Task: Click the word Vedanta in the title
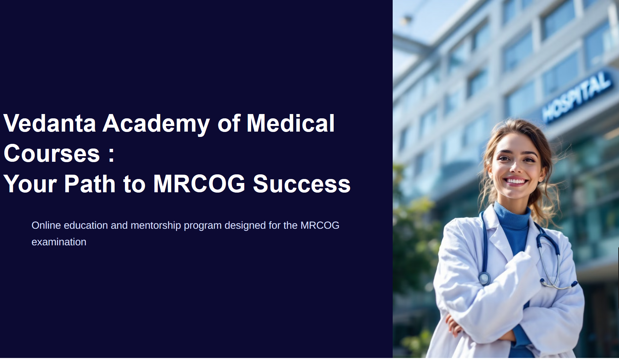tap(50, 123)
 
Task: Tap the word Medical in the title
tap(291, 123)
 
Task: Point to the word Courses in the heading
tap(52, 153)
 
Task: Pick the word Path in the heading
tap(90, 184)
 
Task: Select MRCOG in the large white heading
tap(199, 184)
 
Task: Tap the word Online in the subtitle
tap(46, 225)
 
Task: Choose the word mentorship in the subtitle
tap(156, 226)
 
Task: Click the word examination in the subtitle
tap(59, 242)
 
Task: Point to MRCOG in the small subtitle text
tap(320, 225)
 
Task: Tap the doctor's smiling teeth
tap(516, 181)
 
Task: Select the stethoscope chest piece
tap(484, 278)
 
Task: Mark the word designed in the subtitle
tap(245, 226)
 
